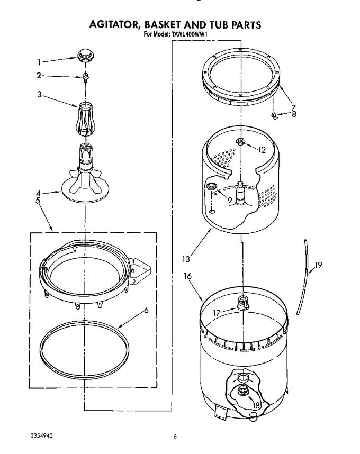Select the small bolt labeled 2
(x=85, y=78)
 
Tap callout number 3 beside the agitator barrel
(x=39, y=94)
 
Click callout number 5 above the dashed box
(x=38, y=201)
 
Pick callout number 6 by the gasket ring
(x=146, y=311)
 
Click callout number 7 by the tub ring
(x=294, y=107)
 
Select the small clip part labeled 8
(x=274, y=116)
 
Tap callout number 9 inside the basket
(x=229, y=200)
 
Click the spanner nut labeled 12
(x=240, y=142)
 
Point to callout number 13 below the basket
(x=186, y=259)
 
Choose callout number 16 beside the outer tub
(x=187, y=276)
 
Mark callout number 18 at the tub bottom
(x=256, y=405)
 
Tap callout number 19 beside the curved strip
(x=318, y=265)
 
